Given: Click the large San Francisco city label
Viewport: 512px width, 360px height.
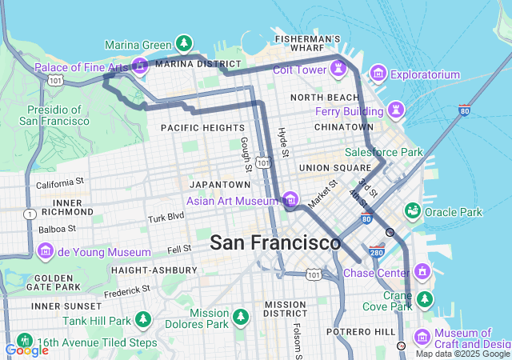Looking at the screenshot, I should point(275,242).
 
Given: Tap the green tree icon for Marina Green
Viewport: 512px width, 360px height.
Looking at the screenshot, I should point(184,42).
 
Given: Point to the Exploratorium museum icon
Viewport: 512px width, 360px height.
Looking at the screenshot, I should point(378,75).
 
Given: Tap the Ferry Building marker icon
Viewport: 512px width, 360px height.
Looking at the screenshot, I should point(395,108).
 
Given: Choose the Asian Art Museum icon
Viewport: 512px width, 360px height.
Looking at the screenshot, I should point(290,199).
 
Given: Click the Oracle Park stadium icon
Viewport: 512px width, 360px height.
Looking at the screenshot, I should point(413,211).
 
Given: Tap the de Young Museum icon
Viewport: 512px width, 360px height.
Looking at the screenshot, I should point(46,251).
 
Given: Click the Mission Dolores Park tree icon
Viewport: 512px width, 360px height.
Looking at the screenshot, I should point(240,318).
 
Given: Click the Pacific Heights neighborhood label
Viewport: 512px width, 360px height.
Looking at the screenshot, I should point(202,128).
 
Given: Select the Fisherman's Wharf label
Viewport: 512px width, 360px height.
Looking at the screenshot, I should point(308,43).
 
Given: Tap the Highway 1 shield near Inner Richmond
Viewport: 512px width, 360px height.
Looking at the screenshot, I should point(30,214).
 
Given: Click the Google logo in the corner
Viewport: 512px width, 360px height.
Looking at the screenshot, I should point(26,350).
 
